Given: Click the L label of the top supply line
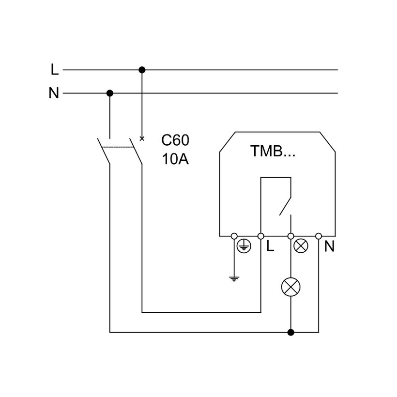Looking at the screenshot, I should click(55, 70).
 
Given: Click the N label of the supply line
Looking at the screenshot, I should click(54, 93).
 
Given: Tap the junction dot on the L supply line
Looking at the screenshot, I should click(142, 70).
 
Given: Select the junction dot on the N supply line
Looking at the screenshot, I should click(110, 92).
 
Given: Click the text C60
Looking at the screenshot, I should click(175, 140).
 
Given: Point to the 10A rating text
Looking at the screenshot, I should click(175, 159).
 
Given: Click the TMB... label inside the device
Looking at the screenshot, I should click(273, 151).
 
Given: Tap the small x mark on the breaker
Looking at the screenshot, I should click(142, 139).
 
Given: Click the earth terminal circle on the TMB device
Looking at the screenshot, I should click(234, 236).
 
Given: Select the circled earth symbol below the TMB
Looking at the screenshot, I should click(243, 246).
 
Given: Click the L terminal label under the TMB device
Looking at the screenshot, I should click(270, 246).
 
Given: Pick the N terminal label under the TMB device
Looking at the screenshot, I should click(329, 246).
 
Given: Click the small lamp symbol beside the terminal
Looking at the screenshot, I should click(301, 246).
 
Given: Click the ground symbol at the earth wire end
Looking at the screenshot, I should click(234, 278).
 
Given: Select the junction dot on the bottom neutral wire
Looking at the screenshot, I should click(290, 332).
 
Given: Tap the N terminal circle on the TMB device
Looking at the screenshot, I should click(319, 236).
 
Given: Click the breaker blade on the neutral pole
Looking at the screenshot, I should click(104, 151).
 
